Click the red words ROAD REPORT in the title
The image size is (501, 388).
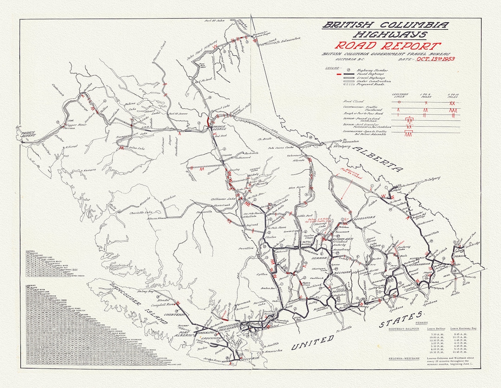[x=388, y=46]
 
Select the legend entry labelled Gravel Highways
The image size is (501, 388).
[x=371, y=77]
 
